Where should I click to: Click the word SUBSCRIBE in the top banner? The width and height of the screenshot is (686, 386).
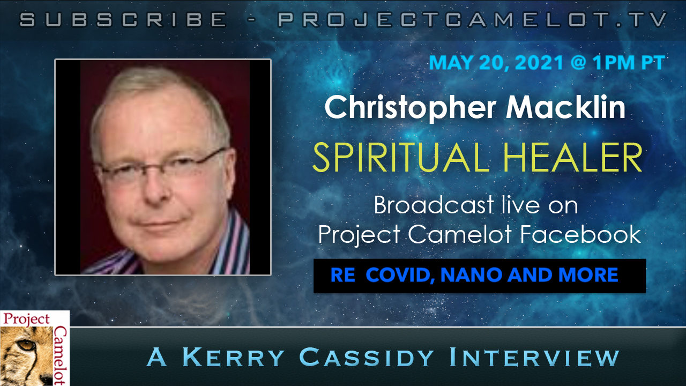click(123, 19)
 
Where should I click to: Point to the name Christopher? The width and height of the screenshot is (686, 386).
click(410, 107)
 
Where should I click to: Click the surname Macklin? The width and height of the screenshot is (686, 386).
click(565, 107)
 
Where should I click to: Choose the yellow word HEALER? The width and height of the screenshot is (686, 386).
click(573, 157)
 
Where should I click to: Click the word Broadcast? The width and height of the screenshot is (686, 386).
click(434, 205)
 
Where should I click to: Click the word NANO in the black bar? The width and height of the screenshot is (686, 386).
click(471, 275)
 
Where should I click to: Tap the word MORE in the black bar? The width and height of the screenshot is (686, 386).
click(588, 275)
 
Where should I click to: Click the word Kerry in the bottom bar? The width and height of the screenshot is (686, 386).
click(233, 357)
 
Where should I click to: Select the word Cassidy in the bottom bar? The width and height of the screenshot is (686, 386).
click(367, 357)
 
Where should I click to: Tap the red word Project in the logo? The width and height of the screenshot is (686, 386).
click(26, 320)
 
